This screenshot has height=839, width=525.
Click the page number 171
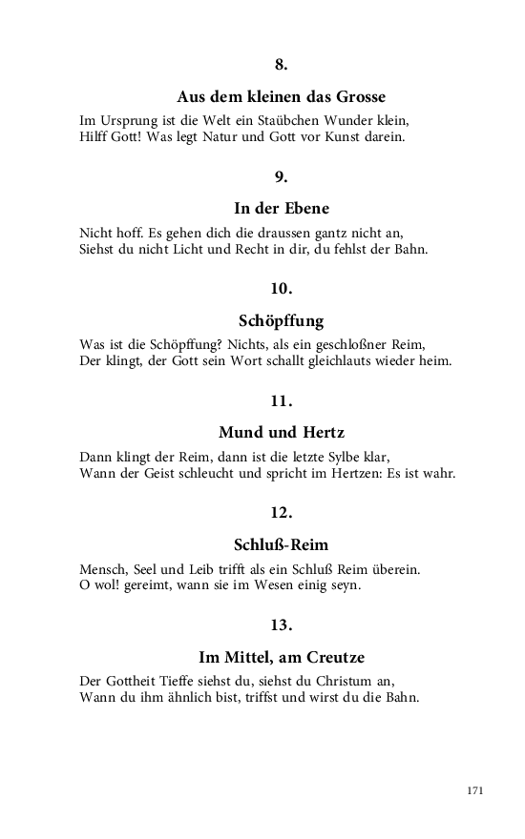pos(476,790)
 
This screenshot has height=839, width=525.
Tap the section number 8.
pos(281,65)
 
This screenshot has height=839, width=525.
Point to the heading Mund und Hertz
pos(281,433)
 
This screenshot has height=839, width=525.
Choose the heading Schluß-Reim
pos(281,545)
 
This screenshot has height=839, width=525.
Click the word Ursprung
pos(126,121)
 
